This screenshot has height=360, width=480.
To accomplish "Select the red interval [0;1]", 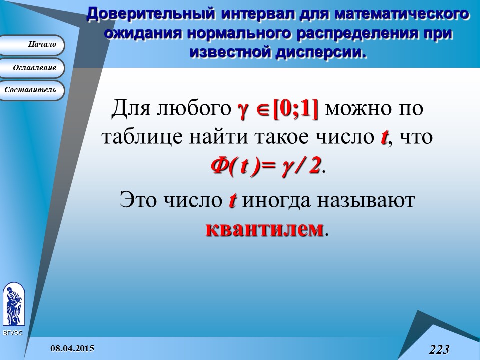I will (x=295, y=109).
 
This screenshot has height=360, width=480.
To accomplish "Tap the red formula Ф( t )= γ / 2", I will (x=265, y=164).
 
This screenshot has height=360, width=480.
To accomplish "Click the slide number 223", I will (x=439, y=349).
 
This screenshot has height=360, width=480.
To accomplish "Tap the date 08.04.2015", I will (x=72, y=347).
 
